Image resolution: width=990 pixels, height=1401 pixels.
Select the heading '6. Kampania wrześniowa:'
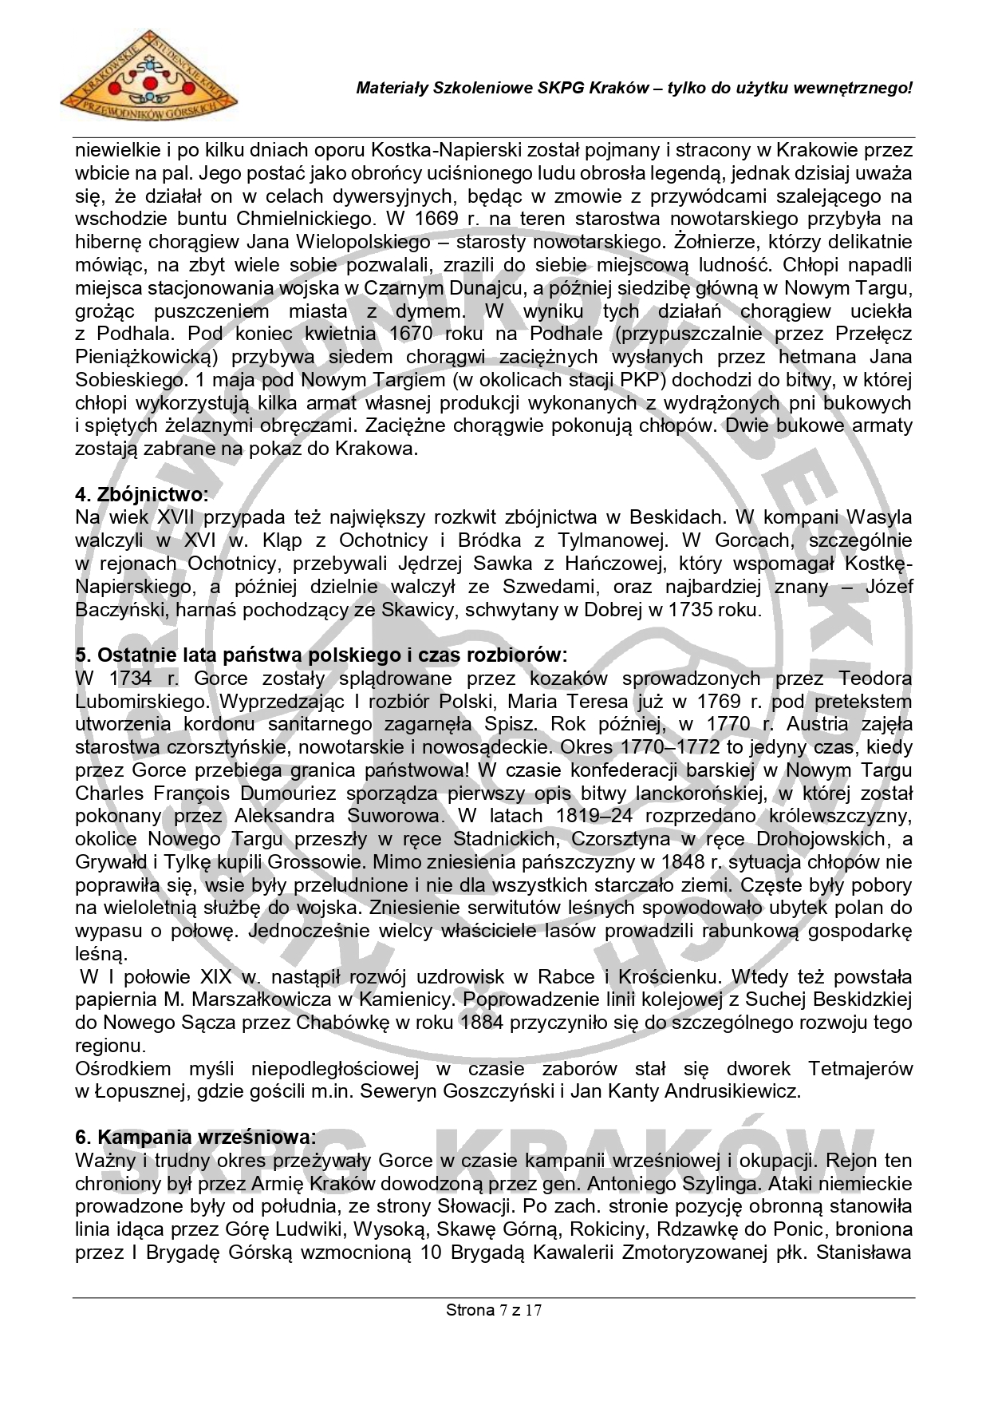(x=195, y=1137)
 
